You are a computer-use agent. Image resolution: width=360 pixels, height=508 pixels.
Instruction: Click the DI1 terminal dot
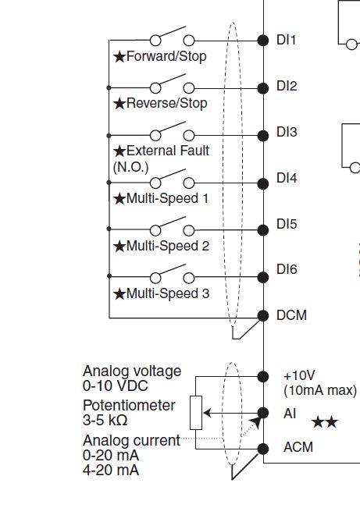point(263,41)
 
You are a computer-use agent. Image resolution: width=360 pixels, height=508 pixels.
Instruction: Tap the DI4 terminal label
point(287,178)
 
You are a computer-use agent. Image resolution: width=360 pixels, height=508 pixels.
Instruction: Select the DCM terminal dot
point(263,315)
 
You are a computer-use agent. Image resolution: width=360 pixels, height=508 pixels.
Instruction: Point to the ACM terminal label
point(298,447)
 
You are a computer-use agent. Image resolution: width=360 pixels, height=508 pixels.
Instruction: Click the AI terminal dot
point(263,413)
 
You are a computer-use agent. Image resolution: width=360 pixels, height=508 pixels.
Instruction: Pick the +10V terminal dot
point(263,376)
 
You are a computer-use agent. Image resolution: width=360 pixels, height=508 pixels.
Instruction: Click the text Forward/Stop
point(166,56)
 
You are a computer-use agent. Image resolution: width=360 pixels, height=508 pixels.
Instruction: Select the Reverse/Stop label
point(166,103)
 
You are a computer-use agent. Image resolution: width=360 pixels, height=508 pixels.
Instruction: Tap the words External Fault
point(168,151)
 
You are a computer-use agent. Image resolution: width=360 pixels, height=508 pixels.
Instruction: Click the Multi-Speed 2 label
point(168,247)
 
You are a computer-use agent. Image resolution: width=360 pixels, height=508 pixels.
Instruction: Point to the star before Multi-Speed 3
point(119,294)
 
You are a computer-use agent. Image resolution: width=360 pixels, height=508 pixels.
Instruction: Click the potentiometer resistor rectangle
point(196,413)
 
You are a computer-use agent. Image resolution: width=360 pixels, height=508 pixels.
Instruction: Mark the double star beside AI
point(325,422)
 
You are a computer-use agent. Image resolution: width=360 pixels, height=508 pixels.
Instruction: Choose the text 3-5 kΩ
point(105,420)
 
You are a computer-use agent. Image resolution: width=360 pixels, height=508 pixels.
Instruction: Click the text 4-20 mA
point(111,470)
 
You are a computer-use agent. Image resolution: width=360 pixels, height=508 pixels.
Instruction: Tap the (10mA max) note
point(320,391)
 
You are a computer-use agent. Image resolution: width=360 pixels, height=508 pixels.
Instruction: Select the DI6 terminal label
point(287,269)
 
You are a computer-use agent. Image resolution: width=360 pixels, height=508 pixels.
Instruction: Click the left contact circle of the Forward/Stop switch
point(155,41)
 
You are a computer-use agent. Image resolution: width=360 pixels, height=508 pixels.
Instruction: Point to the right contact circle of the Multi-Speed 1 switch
point(189,183)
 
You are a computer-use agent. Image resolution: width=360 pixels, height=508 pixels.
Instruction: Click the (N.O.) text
point(130,167)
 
